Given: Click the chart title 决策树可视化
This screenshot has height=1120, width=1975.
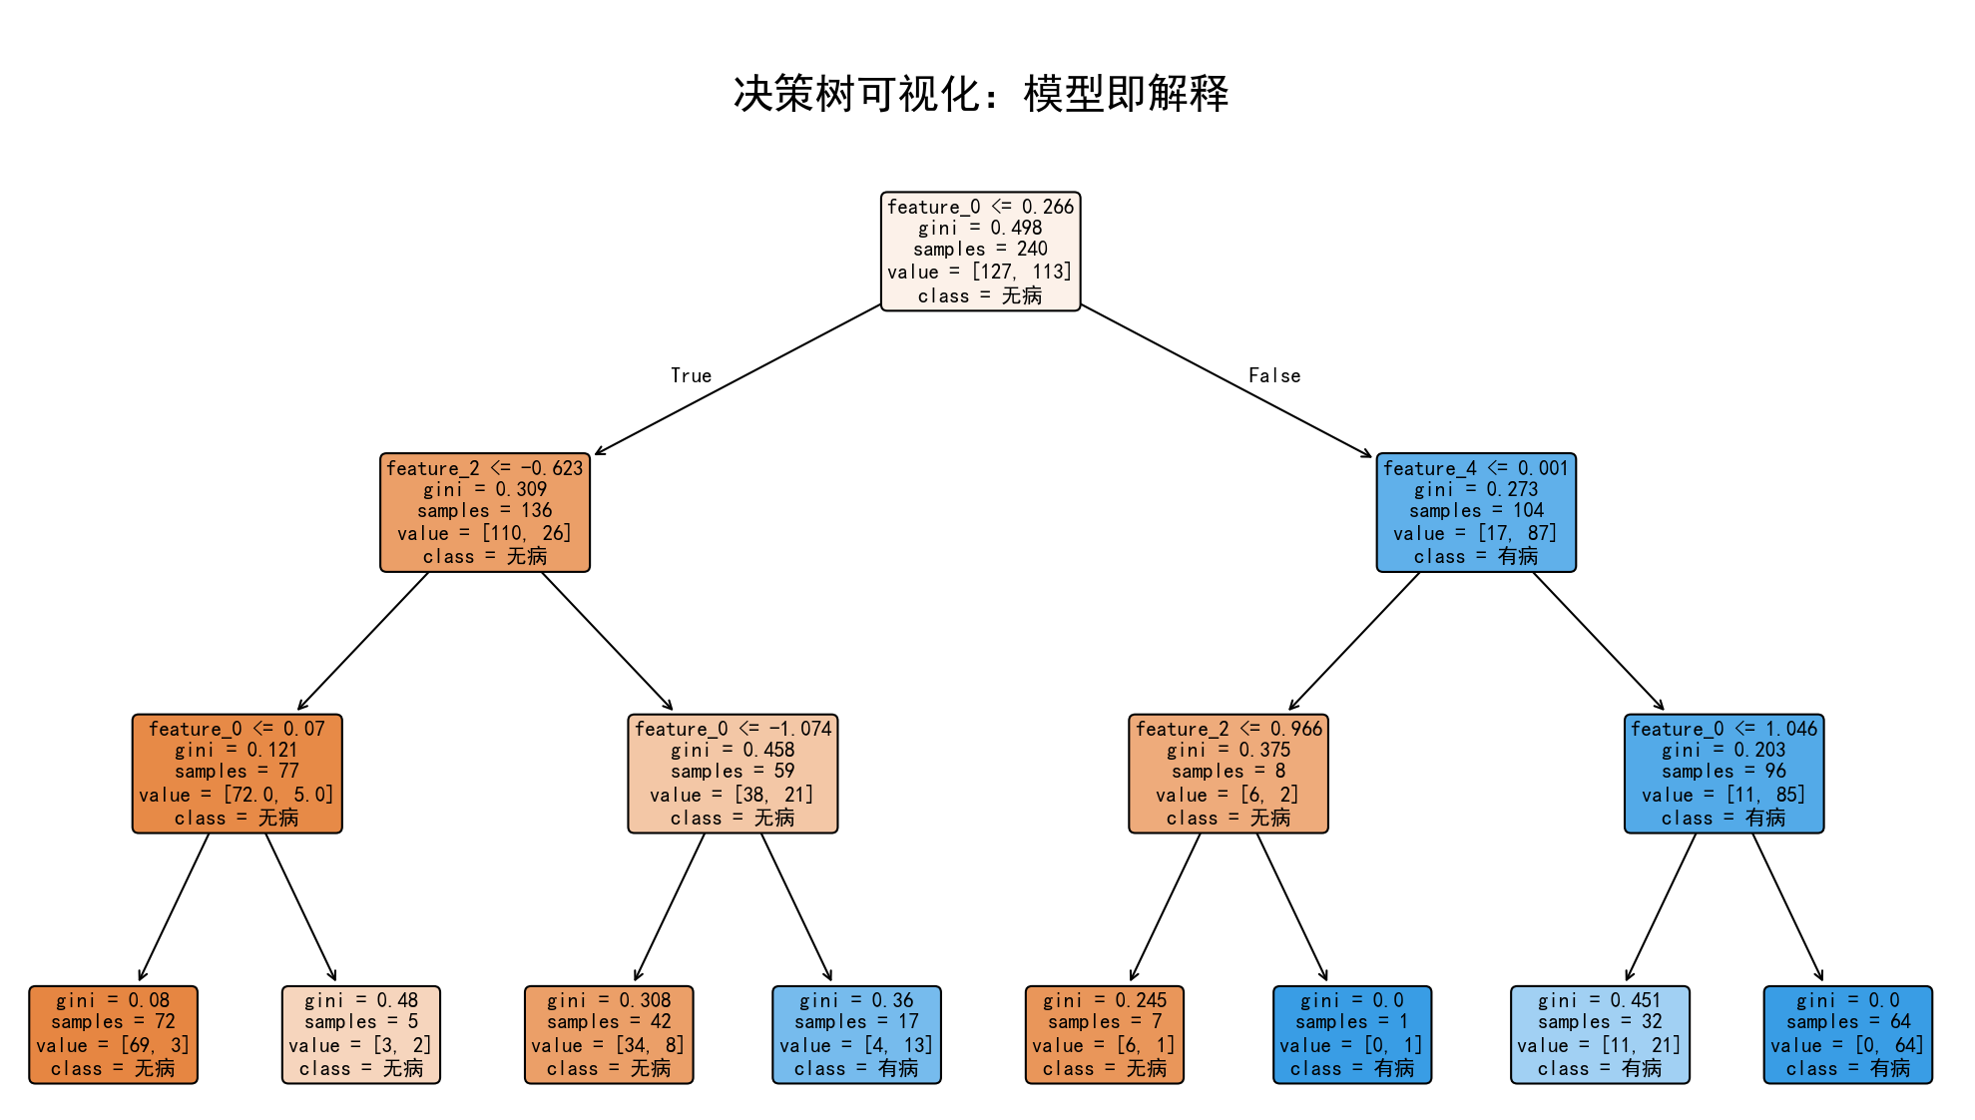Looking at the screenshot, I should (980, 94).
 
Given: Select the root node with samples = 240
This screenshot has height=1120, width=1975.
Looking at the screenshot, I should (980, 252).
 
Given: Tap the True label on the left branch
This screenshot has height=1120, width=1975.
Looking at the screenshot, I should (691, 375).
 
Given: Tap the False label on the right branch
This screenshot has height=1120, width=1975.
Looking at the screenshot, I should (1274, 375).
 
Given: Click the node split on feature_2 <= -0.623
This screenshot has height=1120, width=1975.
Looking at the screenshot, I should (485, 512).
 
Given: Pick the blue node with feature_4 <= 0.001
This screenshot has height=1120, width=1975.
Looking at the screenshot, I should (1475, 512).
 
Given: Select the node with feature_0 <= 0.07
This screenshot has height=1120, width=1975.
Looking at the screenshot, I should (237, 774).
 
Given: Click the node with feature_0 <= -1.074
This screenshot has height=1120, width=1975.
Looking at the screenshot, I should (733, 774).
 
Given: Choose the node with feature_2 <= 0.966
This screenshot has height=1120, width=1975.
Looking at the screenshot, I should (1228, 774).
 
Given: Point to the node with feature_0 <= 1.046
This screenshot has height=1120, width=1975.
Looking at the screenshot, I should (1724, 774).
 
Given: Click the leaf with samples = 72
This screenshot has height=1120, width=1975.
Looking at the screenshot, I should (113, 1035).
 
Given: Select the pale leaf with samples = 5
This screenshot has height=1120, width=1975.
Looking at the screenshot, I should (360, 1035).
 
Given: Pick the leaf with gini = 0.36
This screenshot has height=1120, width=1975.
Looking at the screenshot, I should (856, 1035).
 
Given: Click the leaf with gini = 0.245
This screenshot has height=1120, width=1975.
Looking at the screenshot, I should (1104, 1035).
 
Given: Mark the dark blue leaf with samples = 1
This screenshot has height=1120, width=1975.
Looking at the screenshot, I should (1351, 1035).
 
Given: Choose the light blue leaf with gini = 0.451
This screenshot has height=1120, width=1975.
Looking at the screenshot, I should (1600, 1035).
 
